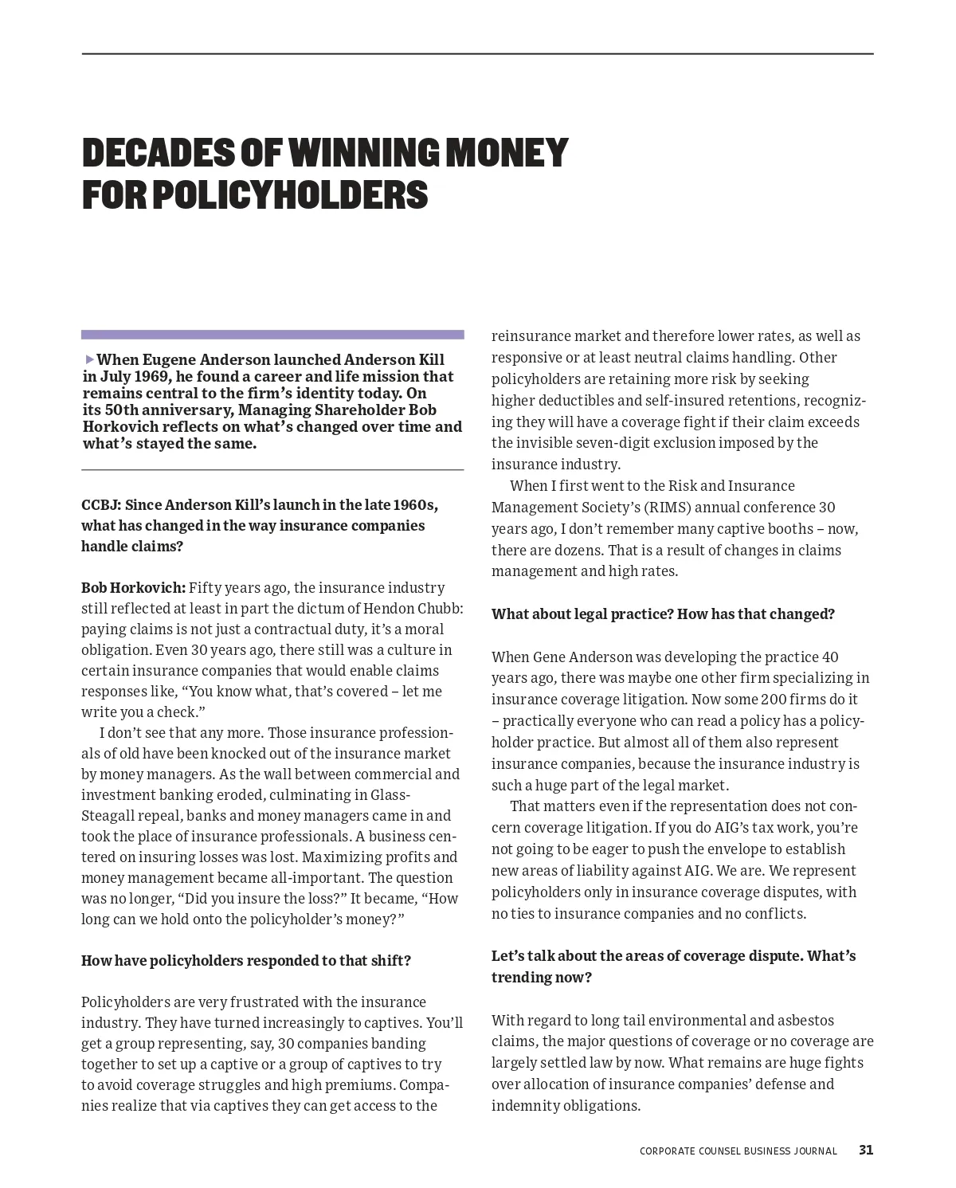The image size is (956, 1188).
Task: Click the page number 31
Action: (x=866, y=1150)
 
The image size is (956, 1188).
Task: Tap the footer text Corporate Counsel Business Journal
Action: (x=738, y=1151)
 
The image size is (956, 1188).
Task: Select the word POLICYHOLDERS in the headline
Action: (x=290, y=195)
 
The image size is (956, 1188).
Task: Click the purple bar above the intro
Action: (x=272, y=335)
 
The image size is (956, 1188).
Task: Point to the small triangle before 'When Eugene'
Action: (x=89, y=359)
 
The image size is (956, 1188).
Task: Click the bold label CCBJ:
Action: (x=101, y=505)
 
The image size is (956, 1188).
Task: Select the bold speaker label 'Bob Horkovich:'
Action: (x=133, y=588)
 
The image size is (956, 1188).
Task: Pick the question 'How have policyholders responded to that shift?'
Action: (x=246, y=960)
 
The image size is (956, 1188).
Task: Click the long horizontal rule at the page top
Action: (x=478, y=54)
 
